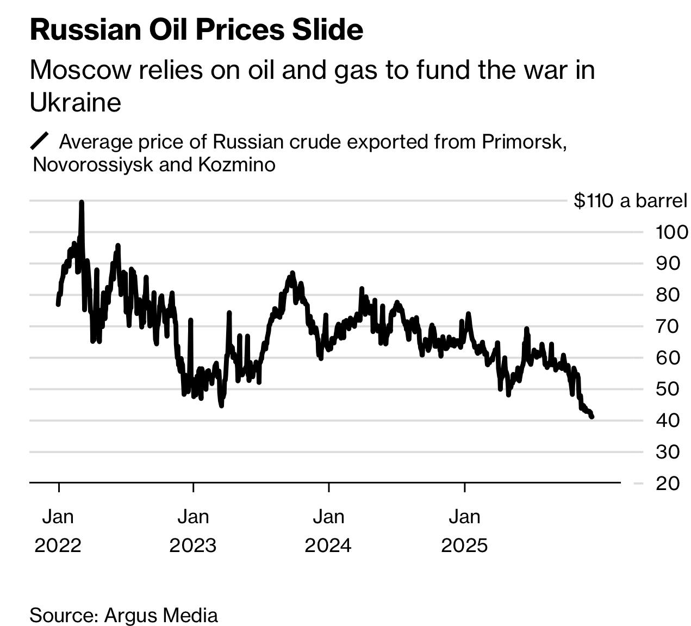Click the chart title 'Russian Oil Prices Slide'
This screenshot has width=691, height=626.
click(x=196, y=29)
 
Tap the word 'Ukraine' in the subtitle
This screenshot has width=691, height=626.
click(x=75, y=102)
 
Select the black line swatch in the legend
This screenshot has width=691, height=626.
click(x=40, y=141)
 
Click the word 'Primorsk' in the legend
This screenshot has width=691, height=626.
click(x=523, y=141)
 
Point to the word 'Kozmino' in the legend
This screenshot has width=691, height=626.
click(x=236, y=164)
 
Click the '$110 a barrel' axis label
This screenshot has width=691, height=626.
click(x=630, y=201)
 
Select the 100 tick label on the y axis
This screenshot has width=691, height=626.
click(x=671, y=232)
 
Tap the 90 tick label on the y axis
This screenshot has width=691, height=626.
click(x=668, y=263)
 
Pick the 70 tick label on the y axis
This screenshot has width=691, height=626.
click(x=668, y=326)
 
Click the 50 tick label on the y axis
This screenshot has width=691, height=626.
click(x=668, y=389)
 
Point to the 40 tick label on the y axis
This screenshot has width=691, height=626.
click(x=668, y=420)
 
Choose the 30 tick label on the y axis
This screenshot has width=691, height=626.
click(x=668, y=451)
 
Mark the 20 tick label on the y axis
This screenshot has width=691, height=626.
click(x=668, y=483)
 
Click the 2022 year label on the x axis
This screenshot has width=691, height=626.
click(x=58, y=545)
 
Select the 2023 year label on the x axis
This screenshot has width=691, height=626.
click(x=192, y=545)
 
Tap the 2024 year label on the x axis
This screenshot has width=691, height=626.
click(x=328, y=545)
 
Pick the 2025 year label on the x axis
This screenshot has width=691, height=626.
click(x=464, y=545)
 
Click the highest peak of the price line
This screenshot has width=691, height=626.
click(x=82, y=202)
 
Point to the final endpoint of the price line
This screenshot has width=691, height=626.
click(x=592, y=417)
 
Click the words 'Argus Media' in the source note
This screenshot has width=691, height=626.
click(x=161, y=615)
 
